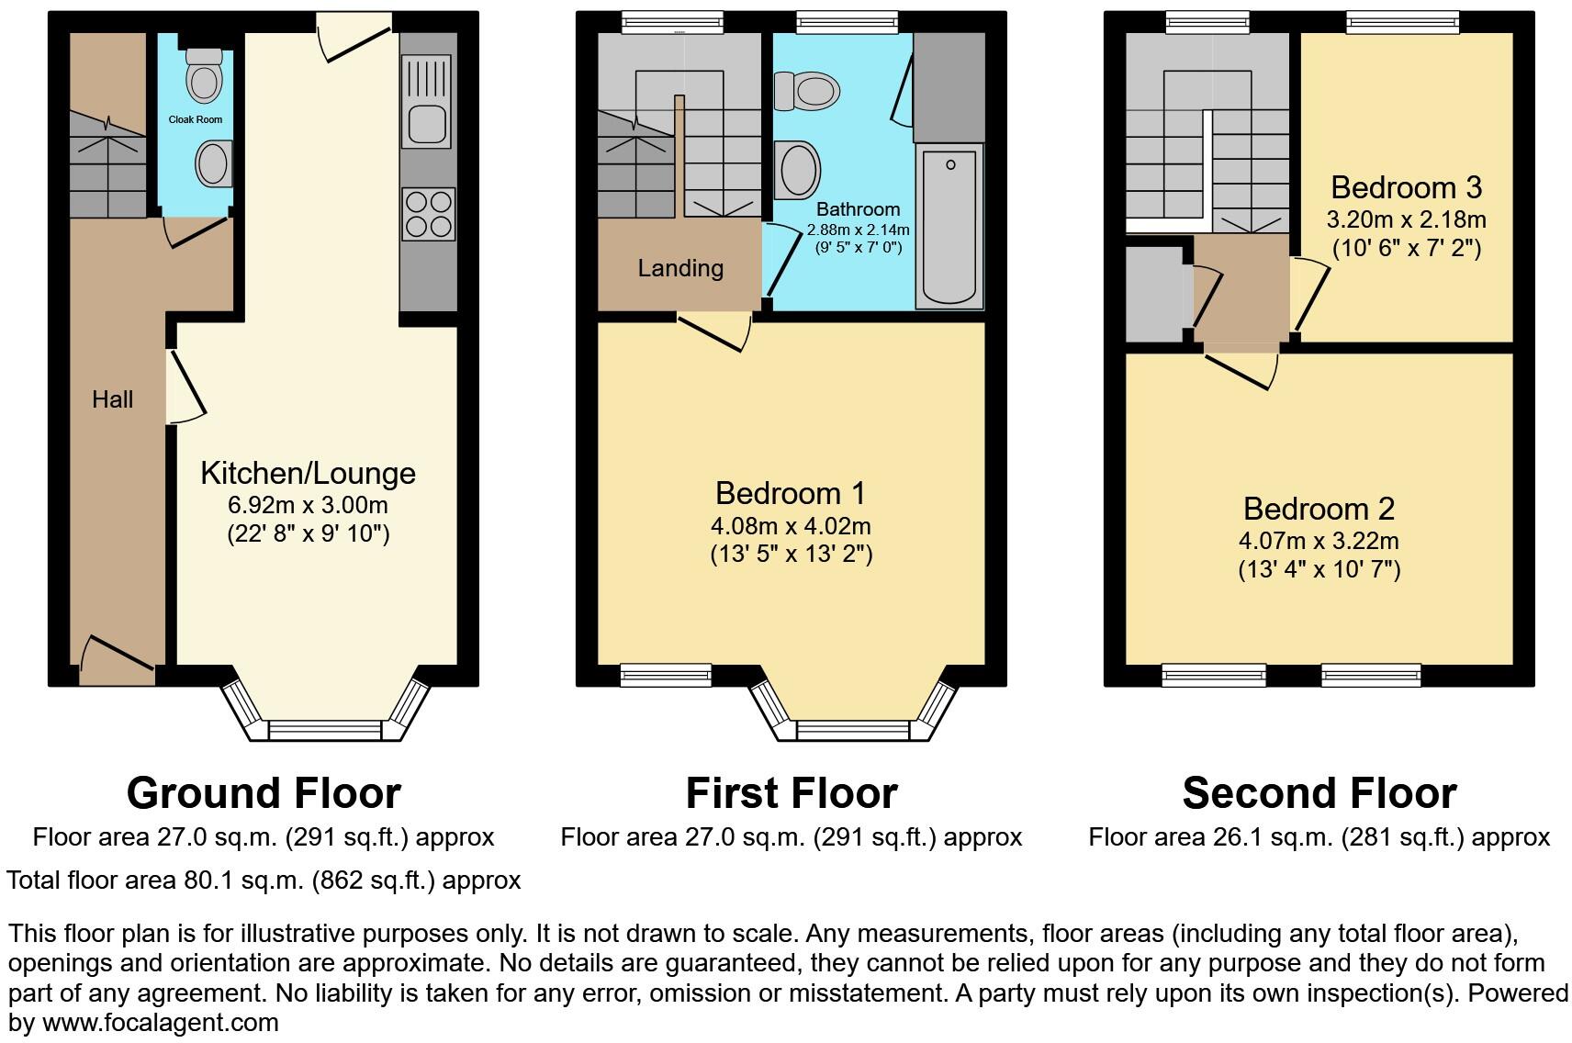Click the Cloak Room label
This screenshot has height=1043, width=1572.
195,119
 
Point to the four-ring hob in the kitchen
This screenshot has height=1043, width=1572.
428,213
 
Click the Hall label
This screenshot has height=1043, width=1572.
112,399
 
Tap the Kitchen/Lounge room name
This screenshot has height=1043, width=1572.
308,474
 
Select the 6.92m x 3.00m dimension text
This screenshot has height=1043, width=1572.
308,506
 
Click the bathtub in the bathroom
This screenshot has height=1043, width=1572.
949,227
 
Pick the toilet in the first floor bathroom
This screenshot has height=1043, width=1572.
808,91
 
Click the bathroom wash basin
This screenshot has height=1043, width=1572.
797,170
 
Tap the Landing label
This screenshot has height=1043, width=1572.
680,268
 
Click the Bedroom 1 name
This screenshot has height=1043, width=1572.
791,494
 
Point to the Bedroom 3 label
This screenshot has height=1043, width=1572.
1406,188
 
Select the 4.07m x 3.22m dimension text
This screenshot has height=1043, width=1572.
1319,541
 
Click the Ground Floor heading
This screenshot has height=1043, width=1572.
264,793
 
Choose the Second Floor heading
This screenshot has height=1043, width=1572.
1319,793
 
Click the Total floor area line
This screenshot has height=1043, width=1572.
264,880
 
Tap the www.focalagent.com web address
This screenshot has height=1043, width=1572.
160,1022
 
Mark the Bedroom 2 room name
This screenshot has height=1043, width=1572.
1319,509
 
